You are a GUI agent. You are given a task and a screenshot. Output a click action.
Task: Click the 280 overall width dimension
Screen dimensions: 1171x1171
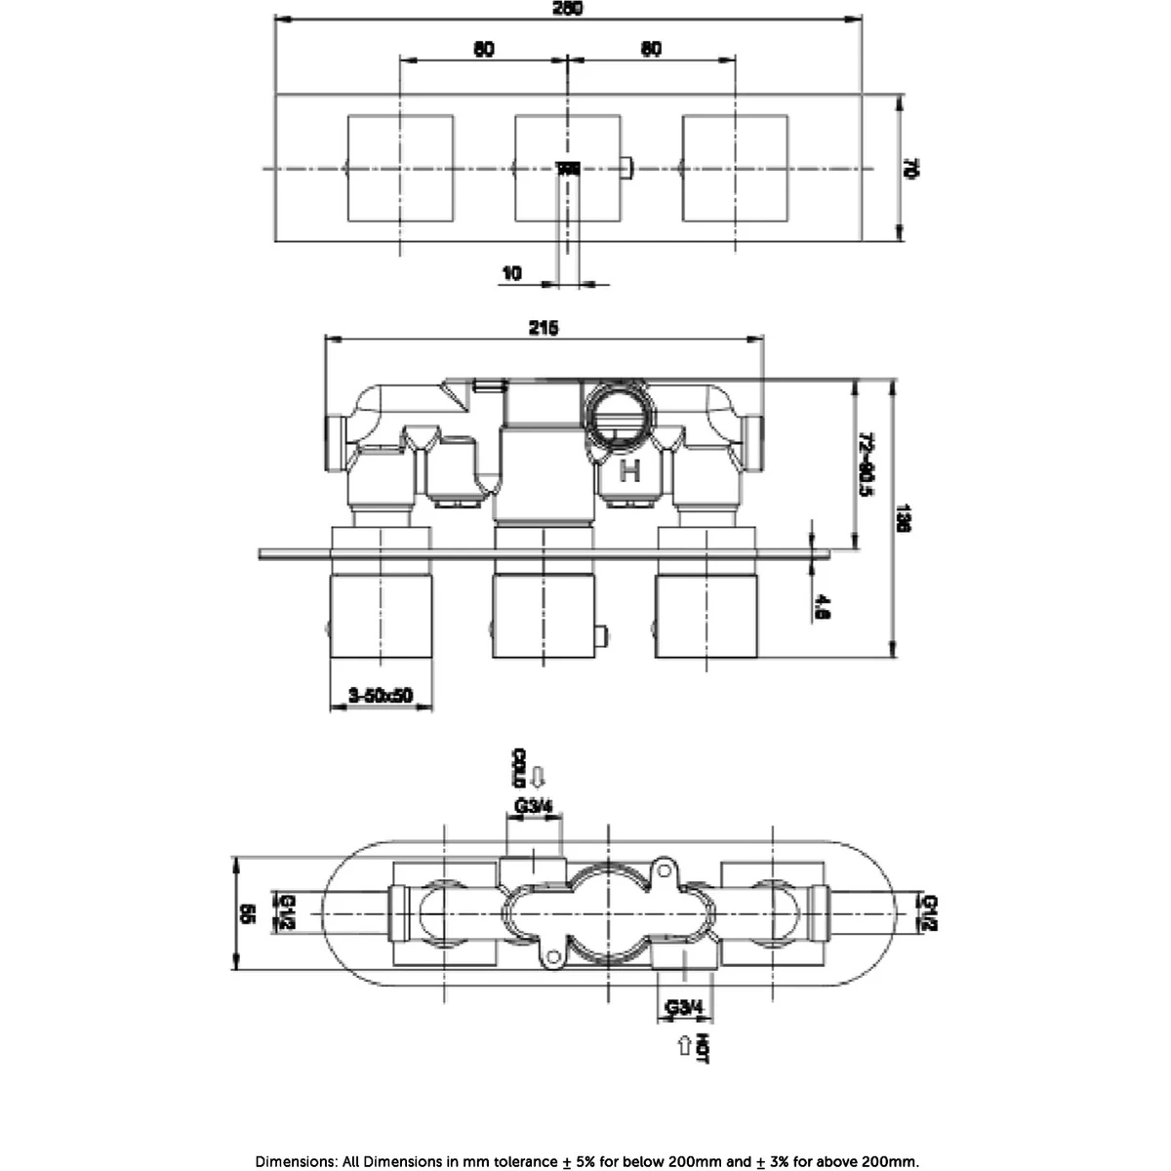[568, 8]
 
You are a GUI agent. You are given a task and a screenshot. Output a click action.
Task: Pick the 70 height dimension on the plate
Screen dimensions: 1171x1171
[910, 168]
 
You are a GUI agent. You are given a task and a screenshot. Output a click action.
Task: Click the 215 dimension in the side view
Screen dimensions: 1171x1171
[544, 329]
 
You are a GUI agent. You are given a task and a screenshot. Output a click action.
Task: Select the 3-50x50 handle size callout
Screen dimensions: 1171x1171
[382, 695]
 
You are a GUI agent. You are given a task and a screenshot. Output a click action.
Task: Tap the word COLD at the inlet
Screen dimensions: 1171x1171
[519, 769]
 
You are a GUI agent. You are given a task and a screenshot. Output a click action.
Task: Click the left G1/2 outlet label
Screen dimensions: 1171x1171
[289, 911]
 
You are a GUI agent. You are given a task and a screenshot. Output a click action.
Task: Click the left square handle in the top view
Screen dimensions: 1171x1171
[401, 168]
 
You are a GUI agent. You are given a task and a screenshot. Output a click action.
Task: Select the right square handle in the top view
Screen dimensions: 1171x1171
[735, 168]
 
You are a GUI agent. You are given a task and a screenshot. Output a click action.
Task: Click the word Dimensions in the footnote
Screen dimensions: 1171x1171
[296, 1161]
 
